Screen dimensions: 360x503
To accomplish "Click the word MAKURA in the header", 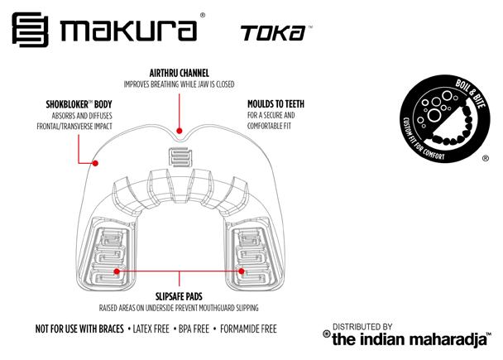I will tap(128, 31).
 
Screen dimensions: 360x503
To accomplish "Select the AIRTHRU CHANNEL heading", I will tap(178, 73).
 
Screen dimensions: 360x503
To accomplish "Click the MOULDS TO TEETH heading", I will tap(278, 104).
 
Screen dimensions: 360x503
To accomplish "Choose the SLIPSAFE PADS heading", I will tap(180, 295).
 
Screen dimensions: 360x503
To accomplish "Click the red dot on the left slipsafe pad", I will tap(117, 271).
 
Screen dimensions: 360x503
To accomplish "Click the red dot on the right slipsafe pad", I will tap(242, 271).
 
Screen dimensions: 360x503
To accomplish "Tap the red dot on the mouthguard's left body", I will tap(96, 164).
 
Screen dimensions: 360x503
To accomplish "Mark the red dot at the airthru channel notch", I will tap(180, 129).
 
